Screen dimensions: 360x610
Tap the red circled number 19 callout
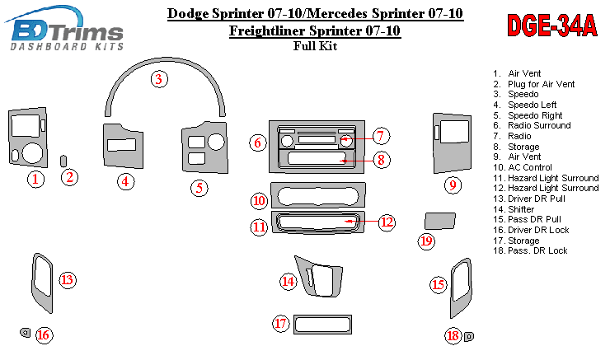[x=426, y=241]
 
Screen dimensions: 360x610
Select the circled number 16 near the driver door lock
[x=43, y=334]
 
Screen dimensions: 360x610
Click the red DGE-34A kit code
[x=551, y=26]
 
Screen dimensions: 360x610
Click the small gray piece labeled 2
[x=64, y=158]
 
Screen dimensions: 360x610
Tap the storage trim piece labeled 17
[x=317, y=324]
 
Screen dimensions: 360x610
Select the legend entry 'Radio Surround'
[x=539, y=126]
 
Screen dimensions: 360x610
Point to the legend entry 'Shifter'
[x=523, y=209]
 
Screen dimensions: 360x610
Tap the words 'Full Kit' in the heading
[x=315, y=46]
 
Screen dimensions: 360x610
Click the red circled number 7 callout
[x=379, y=136]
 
